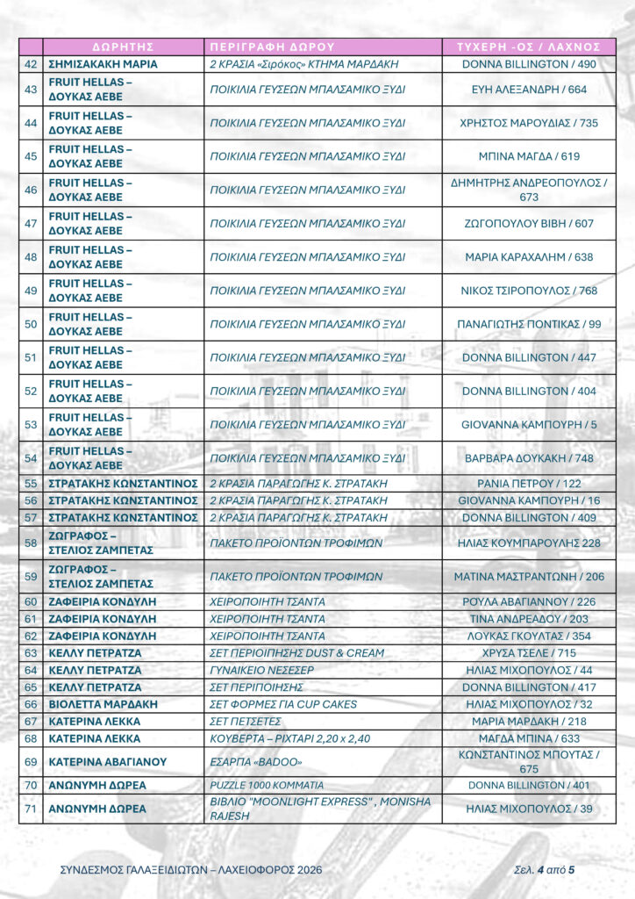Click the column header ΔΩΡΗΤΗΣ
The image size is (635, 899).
123,47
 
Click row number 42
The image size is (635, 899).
31,64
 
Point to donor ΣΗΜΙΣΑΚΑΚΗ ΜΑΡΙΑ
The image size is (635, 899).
103,64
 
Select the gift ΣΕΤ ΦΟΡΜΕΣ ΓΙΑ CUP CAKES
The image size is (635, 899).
283,704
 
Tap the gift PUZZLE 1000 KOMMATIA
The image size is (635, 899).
267,785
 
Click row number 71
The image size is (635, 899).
31,809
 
